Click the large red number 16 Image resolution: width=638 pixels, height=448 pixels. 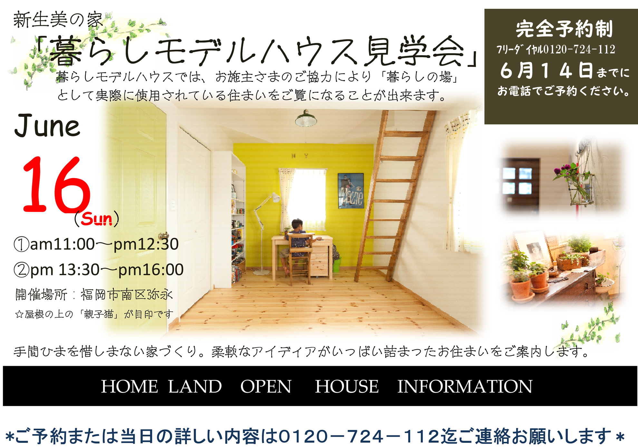(x=56, y=184)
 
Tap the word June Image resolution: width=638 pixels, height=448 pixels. (x=47, y=125)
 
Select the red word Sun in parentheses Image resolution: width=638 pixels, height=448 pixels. (x=96, y=219)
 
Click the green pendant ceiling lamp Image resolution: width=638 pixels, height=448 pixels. (x=306, y=119)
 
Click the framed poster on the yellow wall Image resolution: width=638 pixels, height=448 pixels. (x=351, y=191)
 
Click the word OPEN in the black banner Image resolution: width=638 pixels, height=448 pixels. (x=266, y=386)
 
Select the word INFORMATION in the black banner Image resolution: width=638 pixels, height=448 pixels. (x=465, y=386)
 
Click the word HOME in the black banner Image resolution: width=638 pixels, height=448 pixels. (x=130, y=386)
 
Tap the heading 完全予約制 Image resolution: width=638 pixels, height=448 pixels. (x=564, y=29)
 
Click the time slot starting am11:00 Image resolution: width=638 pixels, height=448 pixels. (x=96, y=244)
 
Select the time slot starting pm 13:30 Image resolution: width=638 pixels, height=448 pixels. (x=99, y=270)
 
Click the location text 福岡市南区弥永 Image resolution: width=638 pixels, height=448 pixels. (x=127, y=294)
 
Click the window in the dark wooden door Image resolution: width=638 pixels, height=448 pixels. (x=517, y=181)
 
